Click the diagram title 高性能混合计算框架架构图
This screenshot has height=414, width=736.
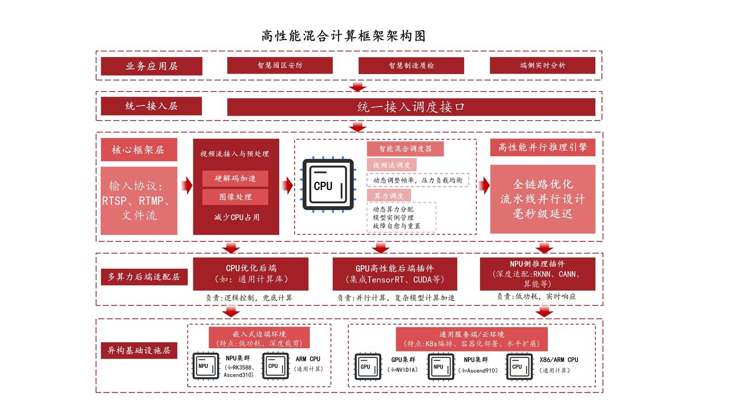pos(343,36)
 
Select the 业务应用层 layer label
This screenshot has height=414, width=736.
pos(151,66)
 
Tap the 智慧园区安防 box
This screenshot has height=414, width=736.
pos(280,65)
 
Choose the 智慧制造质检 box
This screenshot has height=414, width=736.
pos(411,65)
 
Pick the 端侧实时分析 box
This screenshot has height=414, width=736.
pos(542,65)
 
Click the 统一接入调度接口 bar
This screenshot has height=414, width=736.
pos(411,107)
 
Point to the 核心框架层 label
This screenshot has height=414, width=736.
pos(138,150)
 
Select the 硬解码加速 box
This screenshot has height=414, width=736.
pos(235,178)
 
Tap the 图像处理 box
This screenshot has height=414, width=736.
pos(235,197)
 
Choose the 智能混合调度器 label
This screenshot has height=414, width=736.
pos(405,149)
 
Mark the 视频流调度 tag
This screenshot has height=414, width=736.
pos(391,165)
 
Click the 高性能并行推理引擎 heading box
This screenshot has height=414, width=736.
pos(542,147)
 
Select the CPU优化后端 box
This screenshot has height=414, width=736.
pos(251,274)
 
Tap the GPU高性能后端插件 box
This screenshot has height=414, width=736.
pos(395,274)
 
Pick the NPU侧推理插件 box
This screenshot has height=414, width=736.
pos(537,274)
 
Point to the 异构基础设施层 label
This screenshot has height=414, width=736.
pos(138,351)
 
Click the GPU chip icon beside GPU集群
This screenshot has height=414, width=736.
pos(368,367)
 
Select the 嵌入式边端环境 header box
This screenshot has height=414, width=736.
pos(259,338)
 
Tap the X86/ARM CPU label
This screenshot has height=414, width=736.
pos(558,360)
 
